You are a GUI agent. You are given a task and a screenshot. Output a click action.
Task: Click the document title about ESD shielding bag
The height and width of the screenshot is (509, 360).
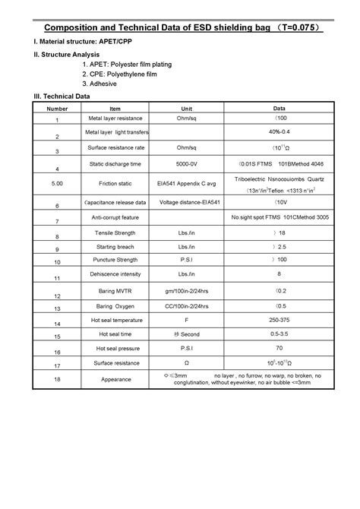point(179,28)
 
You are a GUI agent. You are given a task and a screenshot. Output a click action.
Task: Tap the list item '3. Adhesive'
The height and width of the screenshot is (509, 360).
point(99,84)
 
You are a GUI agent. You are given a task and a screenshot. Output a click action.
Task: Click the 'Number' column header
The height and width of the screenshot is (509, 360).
point(57,109)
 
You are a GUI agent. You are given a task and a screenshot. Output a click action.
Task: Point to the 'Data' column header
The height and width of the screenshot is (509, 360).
point(279,109)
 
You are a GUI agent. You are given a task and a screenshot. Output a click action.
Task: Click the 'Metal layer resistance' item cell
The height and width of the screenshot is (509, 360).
point(115,119)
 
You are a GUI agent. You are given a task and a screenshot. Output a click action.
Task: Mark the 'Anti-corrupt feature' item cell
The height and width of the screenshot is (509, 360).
point(115,218)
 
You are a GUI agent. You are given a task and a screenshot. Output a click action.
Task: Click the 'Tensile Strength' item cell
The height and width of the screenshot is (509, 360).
point(115,232)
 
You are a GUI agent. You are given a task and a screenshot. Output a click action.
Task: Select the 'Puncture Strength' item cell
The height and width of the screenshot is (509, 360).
point(115,260)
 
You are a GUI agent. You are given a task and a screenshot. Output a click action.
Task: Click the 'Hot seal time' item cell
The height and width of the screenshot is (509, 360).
point(115,334)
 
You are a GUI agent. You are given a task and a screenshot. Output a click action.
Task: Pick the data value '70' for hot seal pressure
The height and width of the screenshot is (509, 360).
point(279,348)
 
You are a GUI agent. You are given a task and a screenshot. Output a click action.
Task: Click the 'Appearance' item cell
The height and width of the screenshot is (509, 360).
point(115,379)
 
